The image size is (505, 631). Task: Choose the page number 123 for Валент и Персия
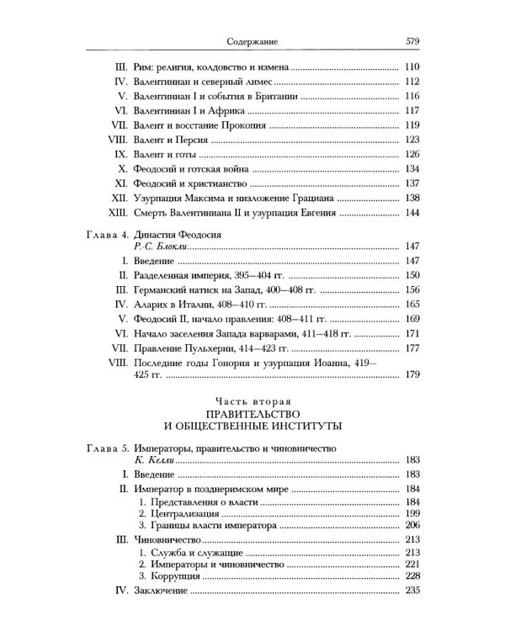coord(412,140)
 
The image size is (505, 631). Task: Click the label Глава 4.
coord(109,231)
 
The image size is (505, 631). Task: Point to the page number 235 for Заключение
coord(412,593)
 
